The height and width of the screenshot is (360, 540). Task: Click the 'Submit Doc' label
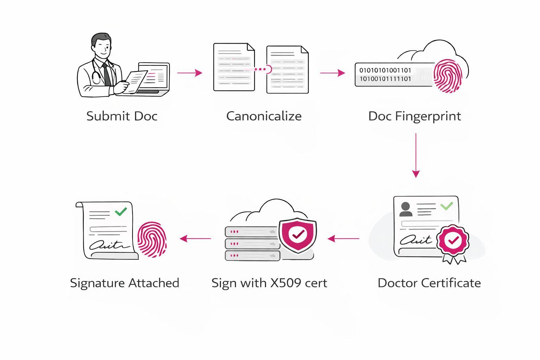point(122,116)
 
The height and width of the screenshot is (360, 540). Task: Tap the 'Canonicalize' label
point(264,116)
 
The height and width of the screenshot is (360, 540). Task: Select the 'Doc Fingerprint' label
point(414,116)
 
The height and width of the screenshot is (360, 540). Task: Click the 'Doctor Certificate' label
point(429,283)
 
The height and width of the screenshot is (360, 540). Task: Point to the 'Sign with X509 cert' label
point(269,283)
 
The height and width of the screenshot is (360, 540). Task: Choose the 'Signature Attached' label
point(124,283)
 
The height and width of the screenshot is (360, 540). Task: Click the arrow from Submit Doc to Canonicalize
point(190,73)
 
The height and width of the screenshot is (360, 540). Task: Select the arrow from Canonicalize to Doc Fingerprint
point(333,73)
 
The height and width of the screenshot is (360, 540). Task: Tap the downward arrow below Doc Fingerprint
point(416,155)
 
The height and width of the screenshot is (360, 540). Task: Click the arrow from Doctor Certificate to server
point(343,239)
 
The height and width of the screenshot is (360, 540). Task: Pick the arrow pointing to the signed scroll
point(195,239)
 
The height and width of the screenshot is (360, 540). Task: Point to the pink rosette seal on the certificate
point(452,240)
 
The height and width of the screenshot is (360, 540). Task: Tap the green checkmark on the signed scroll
point(121,212)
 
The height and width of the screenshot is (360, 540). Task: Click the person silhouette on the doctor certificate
point(406,209)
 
